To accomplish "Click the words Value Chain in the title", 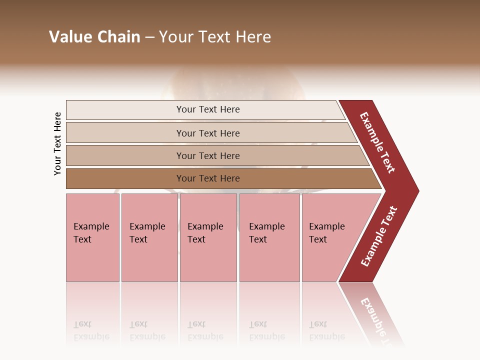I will click(x=94, y=37).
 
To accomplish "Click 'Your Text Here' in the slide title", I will click(x=215, y=37).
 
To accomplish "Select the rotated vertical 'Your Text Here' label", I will click(x=57, y=143).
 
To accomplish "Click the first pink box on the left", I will click(x=92, y=237).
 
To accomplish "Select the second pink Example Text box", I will click(x=149, y=237).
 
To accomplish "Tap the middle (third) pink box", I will click(x=208, y=237).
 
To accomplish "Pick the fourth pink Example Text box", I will click(x=269, y=237).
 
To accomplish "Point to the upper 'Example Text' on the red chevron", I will click(x=377, y=143).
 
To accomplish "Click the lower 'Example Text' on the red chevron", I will click(x=379, y=236).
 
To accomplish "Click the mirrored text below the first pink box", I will click(x=91, y=330).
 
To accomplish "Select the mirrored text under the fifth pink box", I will click(x=326, y=330).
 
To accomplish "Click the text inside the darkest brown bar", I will click(x=208, y=178).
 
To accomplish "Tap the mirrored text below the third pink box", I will click(x=205, y=330).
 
